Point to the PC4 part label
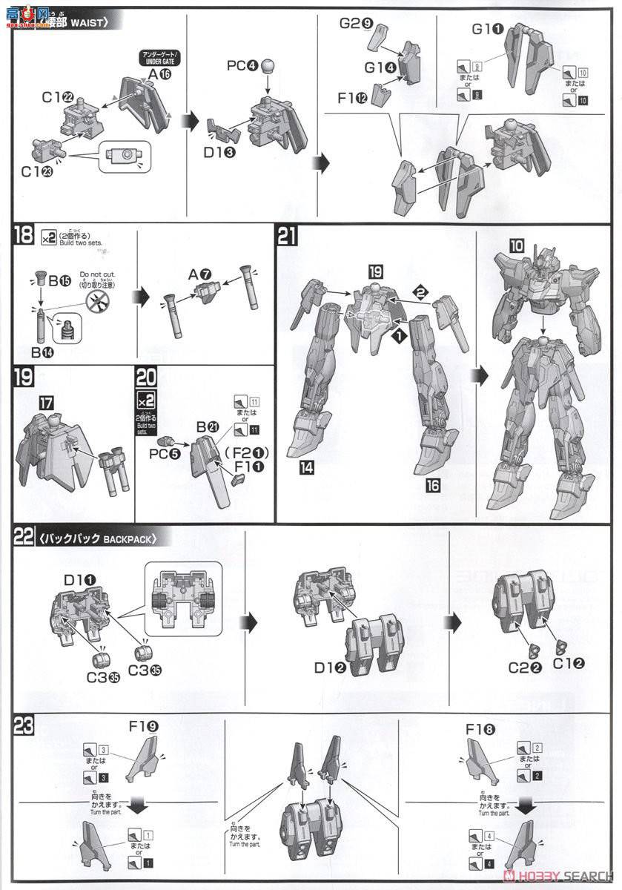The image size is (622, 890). click(x=242, y=66)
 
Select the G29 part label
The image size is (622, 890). click(x=356, y=23)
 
